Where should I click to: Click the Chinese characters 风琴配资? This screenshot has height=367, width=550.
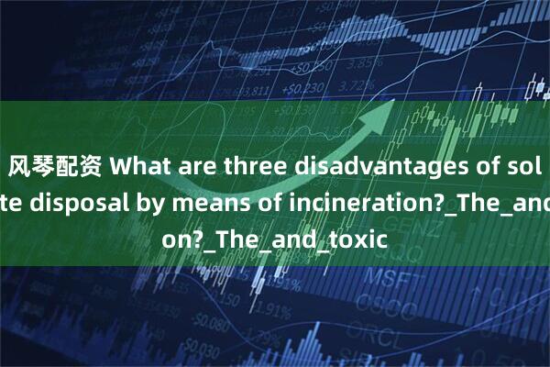pyautogui.click(x=45, y=169)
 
